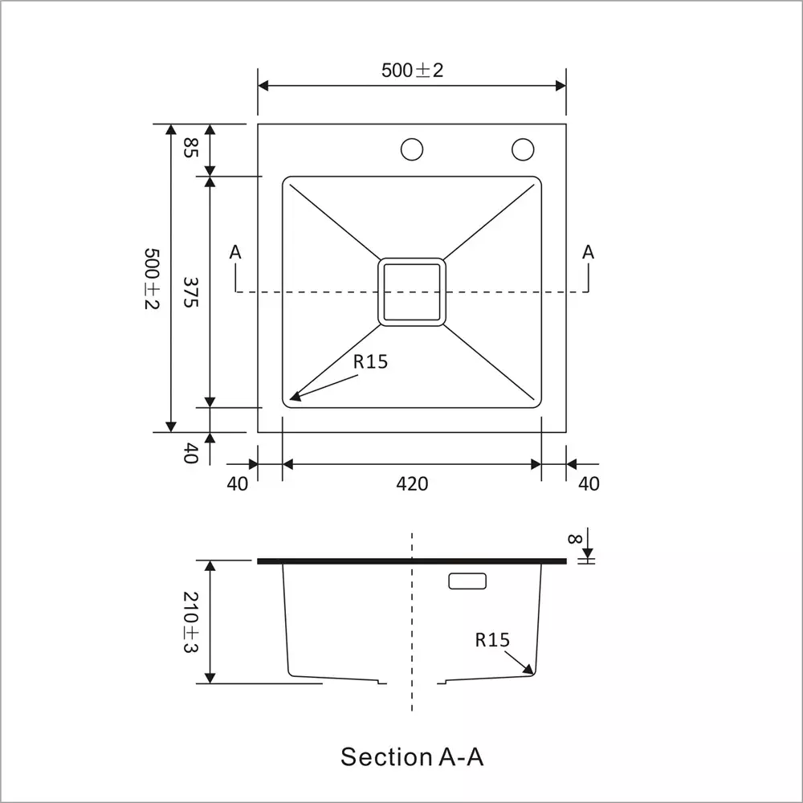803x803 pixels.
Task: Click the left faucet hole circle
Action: (412, 149)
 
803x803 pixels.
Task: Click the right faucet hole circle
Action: (523, 149)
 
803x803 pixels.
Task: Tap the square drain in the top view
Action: (411, 291)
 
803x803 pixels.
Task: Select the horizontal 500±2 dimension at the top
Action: (412, 70)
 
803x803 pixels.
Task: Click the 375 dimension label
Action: (190, 292)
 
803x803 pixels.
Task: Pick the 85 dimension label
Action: (190, 147)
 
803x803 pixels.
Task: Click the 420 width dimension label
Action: (412, 483)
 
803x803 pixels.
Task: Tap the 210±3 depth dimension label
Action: (190, 622)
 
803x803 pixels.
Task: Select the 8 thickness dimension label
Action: (574, 539)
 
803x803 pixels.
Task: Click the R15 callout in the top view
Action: (370, 361)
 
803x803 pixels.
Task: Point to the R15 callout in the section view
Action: (492, 640)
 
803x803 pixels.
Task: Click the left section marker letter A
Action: (235, 252)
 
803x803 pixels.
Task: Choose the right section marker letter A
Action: (588, 252)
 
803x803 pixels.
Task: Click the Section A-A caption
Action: (412, 756)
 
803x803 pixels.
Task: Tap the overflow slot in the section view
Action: (467, 581)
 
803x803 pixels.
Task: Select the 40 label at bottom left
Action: (238, 483)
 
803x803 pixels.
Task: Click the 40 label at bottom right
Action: (589, 483)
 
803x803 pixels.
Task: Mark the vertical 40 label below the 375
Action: (190, 454)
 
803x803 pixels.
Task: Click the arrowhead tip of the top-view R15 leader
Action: (291, 398)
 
